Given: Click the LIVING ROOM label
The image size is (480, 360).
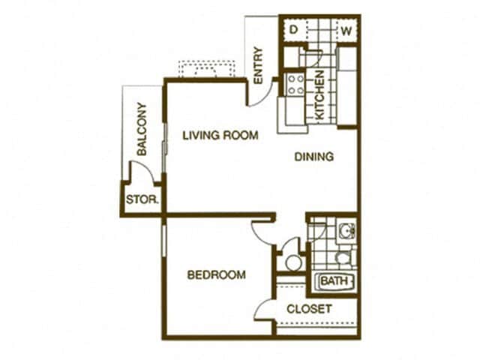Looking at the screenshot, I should pos(220,136).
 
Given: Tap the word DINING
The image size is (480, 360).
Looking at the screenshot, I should pos(313,157).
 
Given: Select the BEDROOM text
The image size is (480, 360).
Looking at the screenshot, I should pos(216,275).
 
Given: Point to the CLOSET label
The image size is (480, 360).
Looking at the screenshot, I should pos(309,309).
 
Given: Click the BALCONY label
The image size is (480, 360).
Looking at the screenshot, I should pos(142,129).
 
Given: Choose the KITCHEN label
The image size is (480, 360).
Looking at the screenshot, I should pos(319,96).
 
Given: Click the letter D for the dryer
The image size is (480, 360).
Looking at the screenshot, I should pos(294,31).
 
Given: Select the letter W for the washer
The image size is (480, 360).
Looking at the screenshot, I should pos(346,31).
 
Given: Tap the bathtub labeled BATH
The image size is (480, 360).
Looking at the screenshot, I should pos(336,281).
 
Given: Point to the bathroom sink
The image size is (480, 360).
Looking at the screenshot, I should pos(346,230).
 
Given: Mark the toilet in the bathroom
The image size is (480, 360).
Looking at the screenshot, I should pos(343,258).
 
